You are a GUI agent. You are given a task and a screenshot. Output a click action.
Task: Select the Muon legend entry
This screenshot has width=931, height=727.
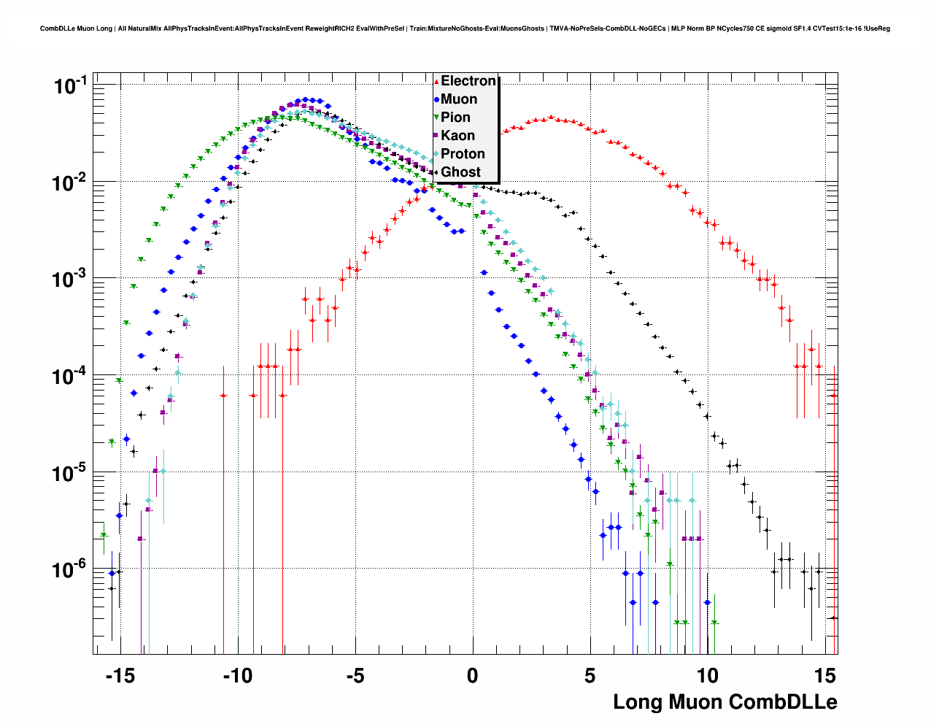coord(458,99)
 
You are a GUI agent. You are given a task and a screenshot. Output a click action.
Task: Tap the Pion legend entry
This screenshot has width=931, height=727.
coord(455,118)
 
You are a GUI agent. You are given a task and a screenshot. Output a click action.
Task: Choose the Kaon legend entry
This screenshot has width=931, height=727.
coord(457,136)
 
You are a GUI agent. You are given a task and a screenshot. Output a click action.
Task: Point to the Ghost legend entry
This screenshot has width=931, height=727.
coord(460,172)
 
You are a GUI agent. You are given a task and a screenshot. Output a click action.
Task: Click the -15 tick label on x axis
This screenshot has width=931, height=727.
coord(120,676)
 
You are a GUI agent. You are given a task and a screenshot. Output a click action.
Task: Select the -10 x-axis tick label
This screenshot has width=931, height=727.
coord(237,676)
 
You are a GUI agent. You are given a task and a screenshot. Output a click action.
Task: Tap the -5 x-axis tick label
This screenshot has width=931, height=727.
coord(355,676)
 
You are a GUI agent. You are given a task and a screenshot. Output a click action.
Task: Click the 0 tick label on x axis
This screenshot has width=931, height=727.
coord(473,676)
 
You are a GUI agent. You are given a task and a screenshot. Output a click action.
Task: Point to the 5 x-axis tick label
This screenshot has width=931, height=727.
coord(590,676)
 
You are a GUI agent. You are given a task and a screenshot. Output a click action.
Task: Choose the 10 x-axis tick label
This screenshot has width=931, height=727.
coord(707,676)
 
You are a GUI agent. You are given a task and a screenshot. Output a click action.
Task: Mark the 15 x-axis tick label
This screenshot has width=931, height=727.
coord(824,676)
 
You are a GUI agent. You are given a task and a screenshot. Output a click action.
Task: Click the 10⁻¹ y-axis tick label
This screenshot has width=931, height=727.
coord(71,86)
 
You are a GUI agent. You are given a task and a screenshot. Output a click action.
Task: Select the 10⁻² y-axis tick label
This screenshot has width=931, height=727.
coord(71,182)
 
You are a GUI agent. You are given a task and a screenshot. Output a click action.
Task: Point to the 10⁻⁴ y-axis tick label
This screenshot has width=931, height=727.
coord(71,376)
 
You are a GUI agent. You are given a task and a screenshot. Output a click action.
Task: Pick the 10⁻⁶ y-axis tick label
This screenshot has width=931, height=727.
coord(71,569)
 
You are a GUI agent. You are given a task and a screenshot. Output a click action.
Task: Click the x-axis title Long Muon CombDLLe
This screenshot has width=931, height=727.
coord(725,702)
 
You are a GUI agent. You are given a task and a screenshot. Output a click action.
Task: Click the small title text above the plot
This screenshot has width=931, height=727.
coord(465,28)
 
